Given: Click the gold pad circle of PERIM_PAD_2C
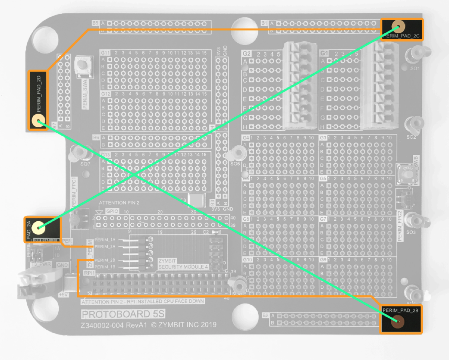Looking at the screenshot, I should (x=398, y=26).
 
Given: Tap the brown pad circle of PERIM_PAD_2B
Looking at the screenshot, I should (x=397, y=321).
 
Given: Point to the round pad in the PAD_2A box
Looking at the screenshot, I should (x=37, y=227).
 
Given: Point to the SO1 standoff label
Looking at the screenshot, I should (x=415, y=69).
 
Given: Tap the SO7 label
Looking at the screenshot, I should (x=85, y=164).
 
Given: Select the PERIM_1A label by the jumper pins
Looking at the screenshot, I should (x=105, y=240).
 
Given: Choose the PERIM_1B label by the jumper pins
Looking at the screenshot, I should (x=105, y=267).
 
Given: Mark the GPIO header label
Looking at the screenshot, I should (x=112, y=211).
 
